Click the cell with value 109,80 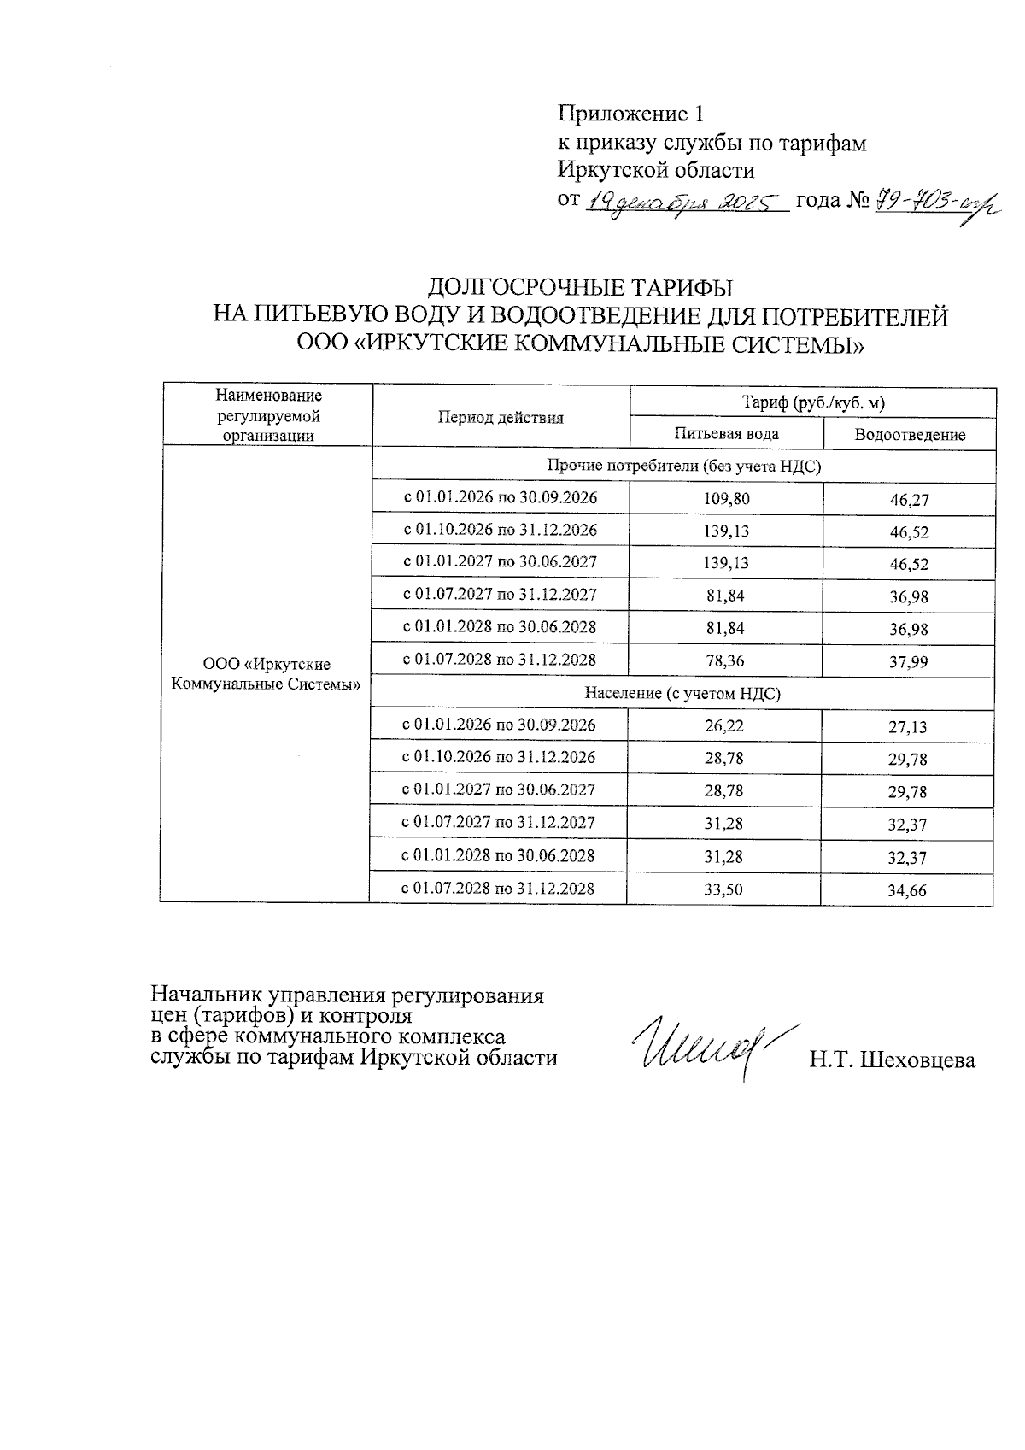click(x=726, y=499)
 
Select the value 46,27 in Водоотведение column click(x=909, y=501)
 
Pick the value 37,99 click(x=908, y=662)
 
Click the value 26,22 click(x=723, y=725)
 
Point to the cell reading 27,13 click(x=907, y=727)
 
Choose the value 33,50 click(x=723, y=889)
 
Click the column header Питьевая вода click(x=726, y=433)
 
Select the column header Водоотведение click(x=910, y=435)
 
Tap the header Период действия click(x=501, y=418)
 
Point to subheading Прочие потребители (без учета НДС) click(x=683, y=466)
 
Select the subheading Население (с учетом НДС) click(x=682, y=694)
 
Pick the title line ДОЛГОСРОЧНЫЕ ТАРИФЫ click(x=580, y=286)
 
